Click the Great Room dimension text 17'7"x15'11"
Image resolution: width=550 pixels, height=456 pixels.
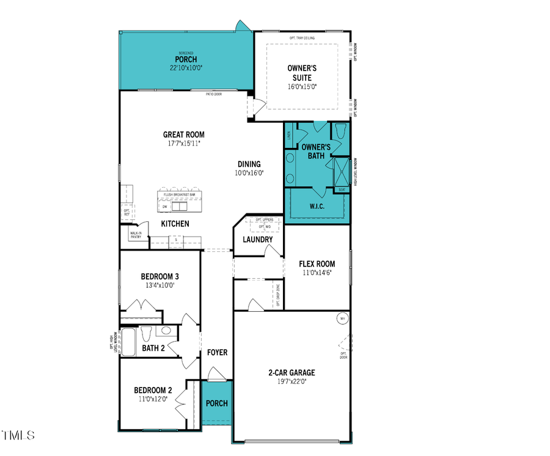click(x=183, y=144)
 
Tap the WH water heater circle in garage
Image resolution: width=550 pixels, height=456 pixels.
click(x=342, y=318)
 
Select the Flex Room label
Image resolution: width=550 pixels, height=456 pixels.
click(x=317, y=264)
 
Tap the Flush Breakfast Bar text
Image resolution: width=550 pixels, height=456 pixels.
click(x=179, y=194)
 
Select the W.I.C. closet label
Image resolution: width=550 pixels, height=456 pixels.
click(x=317, y=207)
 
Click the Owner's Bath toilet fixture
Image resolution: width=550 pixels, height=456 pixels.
click(x=341, y=131)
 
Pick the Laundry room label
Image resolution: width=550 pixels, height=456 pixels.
click(x=257, y=239)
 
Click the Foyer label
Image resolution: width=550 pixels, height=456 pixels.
click(x=217, y=353)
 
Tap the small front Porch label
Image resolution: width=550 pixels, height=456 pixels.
click(x=217, y=403)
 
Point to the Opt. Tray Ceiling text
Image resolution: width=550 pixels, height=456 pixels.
click(x=302, y=38)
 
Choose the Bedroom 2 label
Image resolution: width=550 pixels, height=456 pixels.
click(x=153, y=390)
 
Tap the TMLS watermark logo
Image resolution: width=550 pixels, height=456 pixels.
click(x=18, y=436)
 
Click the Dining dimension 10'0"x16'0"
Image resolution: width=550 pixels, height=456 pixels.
click(x=249, y=173)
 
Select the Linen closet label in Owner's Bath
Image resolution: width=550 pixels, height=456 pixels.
click(x=288, y=134)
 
